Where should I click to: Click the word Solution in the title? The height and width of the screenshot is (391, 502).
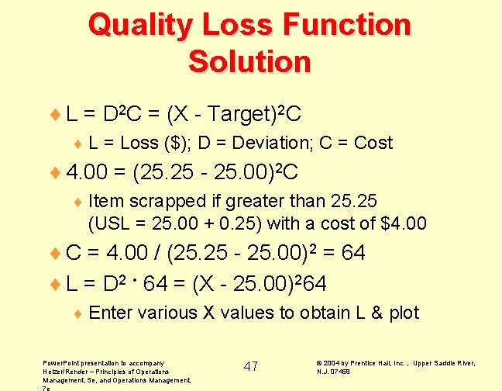[249, 61]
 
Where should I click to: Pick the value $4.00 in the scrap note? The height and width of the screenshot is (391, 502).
[404, 224]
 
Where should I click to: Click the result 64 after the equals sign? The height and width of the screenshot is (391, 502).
[352, 253]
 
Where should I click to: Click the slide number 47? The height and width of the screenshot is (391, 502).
[251, 366]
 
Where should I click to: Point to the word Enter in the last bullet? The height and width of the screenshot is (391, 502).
[111, 313]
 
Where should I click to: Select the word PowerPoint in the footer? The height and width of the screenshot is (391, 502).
[64, 362]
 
